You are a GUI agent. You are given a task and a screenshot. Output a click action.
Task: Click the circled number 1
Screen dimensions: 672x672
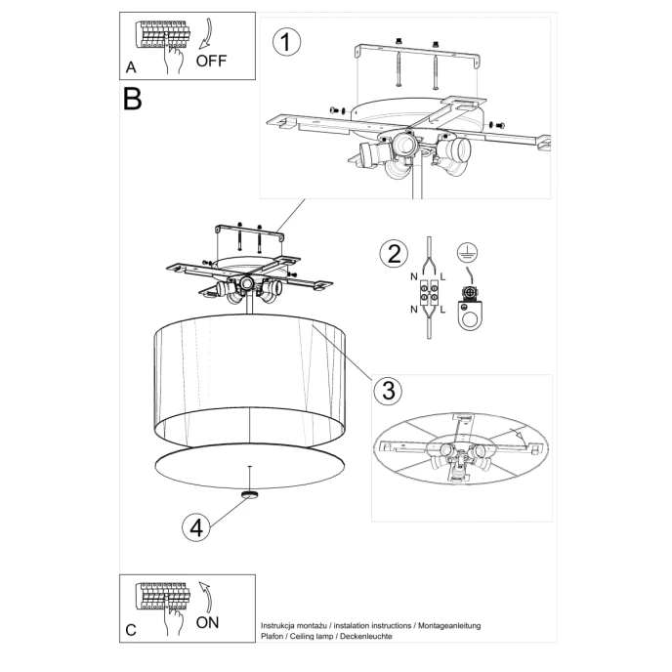[x=285, y=43]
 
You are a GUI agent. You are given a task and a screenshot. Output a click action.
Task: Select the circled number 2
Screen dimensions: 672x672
[x=392, y=255]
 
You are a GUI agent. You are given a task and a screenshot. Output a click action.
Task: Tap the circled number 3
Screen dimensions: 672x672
[x=387, y=391]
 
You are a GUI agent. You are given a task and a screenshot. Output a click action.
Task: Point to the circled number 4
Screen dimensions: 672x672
[x=197, y=527]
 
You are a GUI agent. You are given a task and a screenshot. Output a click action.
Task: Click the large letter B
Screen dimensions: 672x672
[x=133, y=100]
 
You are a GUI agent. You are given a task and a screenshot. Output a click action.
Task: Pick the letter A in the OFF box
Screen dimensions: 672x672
[x=131, y=67]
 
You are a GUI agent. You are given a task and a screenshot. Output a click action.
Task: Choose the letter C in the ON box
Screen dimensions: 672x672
[x=131, y=630]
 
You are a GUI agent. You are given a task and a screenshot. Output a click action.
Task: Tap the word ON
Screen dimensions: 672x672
[x=209, y=621]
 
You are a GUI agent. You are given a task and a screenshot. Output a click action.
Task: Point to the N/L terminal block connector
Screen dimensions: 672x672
[x=428, y=290]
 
